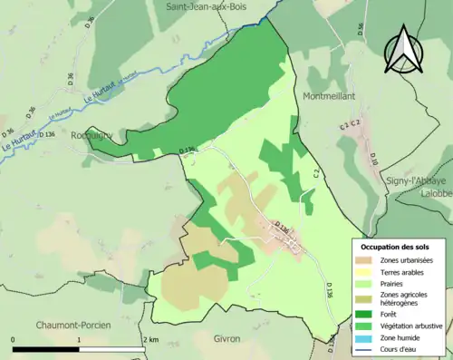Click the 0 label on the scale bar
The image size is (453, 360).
14,339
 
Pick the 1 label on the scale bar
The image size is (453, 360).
79,339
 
